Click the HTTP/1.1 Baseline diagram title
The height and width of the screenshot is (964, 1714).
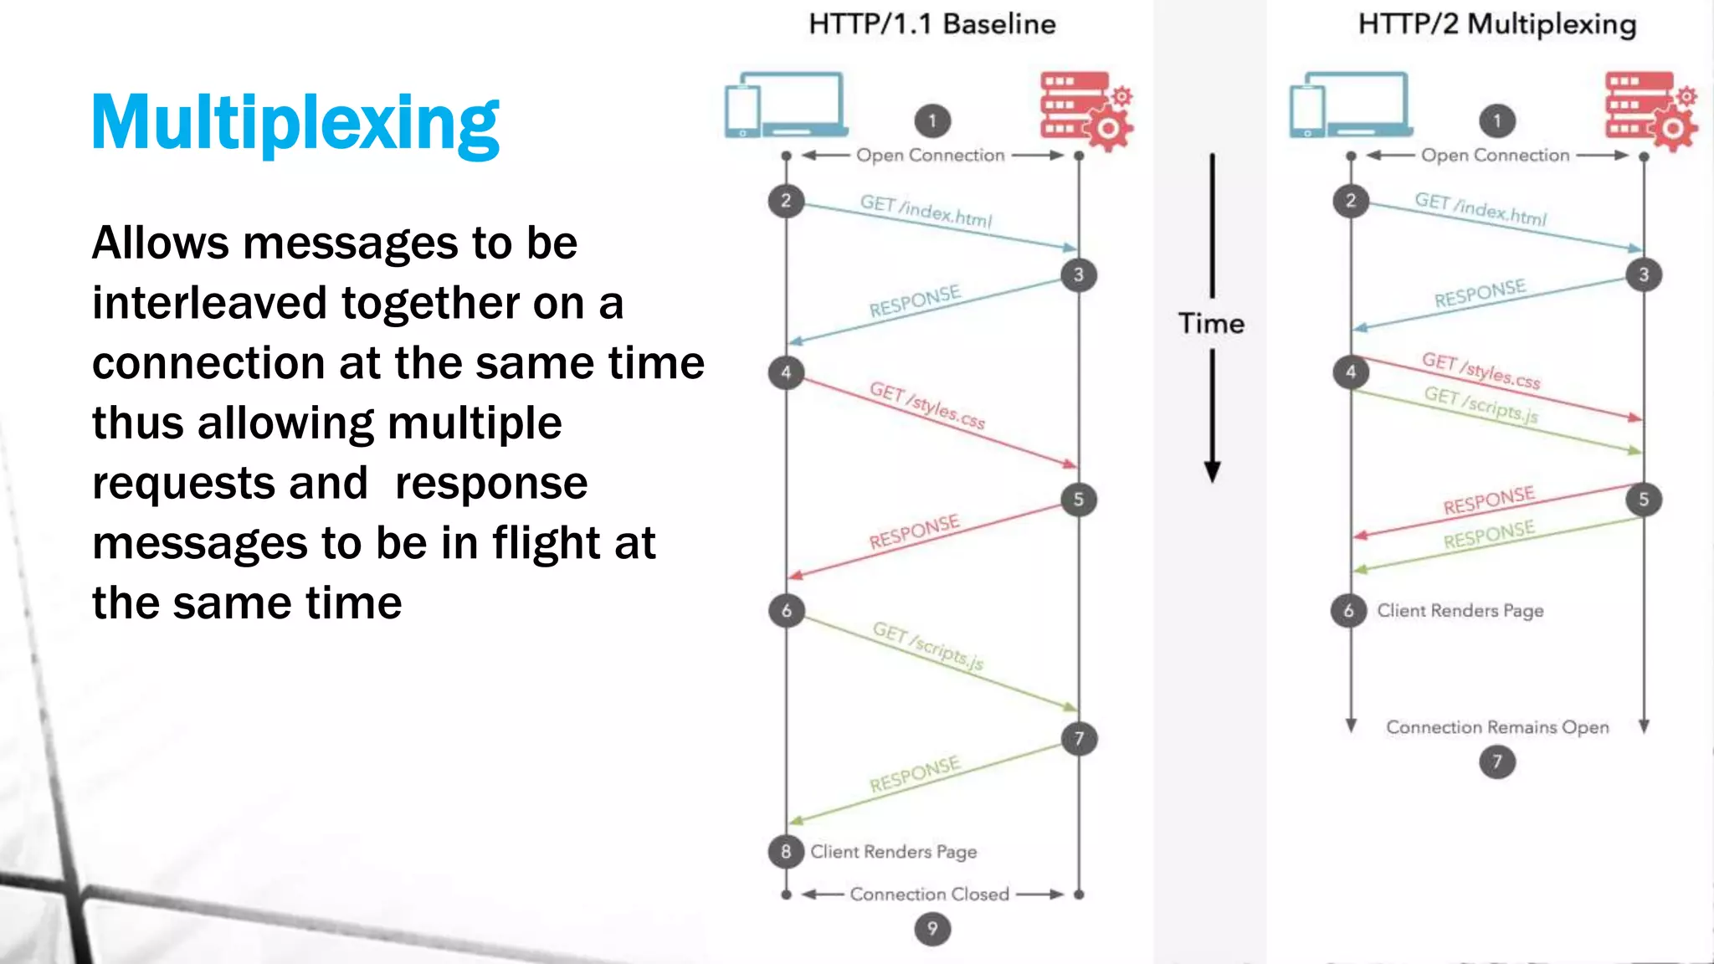(931, 24)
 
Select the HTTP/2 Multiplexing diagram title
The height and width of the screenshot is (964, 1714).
(1496, 24)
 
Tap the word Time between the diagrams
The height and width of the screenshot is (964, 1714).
(1211, 324)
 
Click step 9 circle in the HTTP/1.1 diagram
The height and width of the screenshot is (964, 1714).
(932, 929)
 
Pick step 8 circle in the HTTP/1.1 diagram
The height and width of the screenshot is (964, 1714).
(786, 852)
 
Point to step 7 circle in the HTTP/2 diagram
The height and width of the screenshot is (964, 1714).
(1497, 762)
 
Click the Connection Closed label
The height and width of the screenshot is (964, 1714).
(929, 895)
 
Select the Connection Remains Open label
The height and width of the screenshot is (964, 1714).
(1497, 727)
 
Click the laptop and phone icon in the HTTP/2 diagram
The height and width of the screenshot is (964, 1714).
(1350, 105)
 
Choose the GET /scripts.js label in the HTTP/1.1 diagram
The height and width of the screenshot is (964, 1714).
(927, 646)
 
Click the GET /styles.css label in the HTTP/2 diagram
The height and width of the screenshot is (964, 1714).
(1481, 370)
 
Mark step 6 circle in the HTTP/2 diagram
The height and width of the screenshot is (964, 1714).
(1348, 611)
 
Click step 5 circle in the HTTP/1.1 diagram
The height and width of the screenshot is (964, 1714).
(1079, 500)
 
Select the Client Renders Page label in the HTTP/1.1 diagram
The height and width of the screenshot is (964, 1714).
(893, 852)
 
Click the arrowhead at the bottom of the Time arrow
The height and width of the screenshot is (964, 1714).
(1212, 472)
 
